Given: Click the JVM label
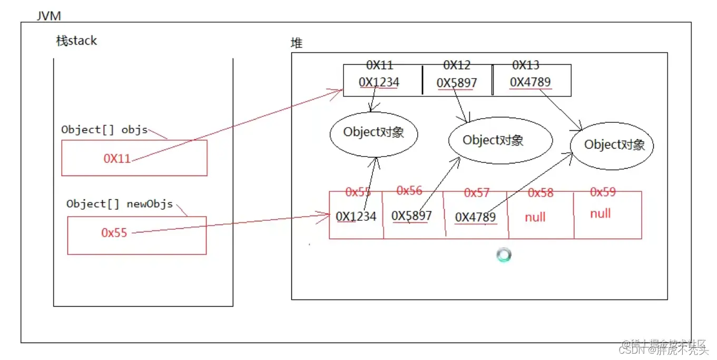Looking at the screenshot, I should point(48,16).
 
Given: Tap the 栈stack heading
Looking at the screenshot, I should point(77,41).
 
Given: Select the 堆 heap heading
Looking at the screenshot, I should point(297,43).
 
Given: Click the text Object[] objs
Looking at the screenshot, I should point(104,130).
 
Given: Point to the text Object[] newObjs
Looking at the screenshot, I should point(119,204).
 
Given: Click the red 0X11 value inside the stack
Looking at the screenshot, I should point(117,159).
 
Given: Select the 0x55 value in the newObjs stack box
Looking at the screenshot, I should point(114,233).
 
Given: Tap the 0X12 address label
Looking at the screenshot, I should point(457,65).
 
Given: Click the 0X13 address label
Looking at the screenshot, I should point(526,65).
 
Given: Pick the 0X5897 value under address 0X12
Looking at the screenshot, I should point(457,83).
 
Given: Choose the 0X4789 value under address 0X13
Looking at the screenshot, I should point(531,82).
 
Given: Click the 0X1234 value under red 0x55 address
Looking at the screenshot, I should point(356,216).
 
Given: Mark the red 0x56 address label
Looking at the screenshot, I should point(409,191).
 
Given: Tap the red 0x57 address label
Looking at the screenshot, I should point(477,193).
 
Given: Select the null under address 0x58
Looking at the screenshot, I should point(535,217).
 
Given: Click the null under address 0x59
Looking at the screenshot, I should point(601,213).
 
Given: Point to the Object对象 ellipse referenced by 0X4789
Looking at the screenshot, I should point(612,145).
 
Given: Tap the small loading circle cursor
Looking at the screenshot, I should point(504,256).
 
